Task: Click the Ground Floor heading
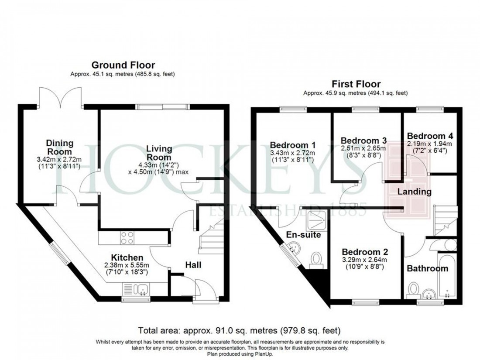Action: [x=123, y=66]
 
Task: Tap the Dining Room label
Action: [x=60, y=147]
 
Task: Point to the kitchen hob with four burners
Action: [x=127, y=238]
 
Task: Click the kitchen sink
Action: [x=142, y=288]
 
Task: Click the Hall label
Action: [x=193, y=264]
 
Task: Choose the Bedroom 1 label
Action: [x=293, y=145]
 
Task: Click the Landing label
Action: [x=414, y=191]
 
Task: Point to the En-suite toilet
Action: [x=315, y=260]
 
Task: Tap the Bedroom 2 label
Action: [x=364, y=252]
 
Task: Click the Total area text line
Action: [x=240, y=330]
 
